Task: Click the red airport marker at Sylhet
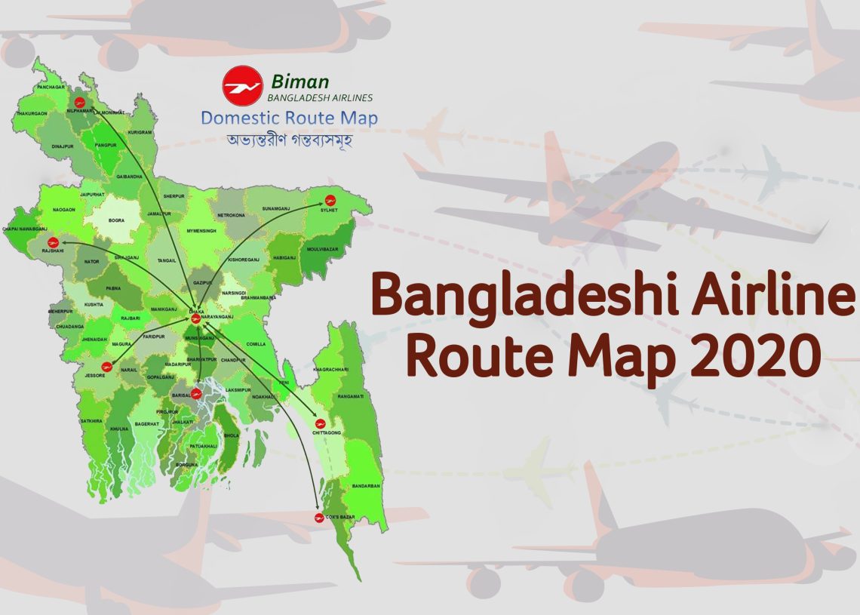(330, 199)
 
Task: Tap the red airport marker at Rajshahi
(51, 242)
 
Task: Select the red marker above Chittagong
(320, 423)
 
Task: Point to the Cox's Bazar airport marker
(319, 517)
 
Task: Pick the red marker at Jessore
(106, 369)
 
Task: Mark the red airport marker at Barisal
(197, 392)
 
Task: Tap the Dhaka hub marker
(195, 318)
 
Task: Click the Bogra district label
(116, 221)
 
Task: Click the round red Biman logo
(242, 85)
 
